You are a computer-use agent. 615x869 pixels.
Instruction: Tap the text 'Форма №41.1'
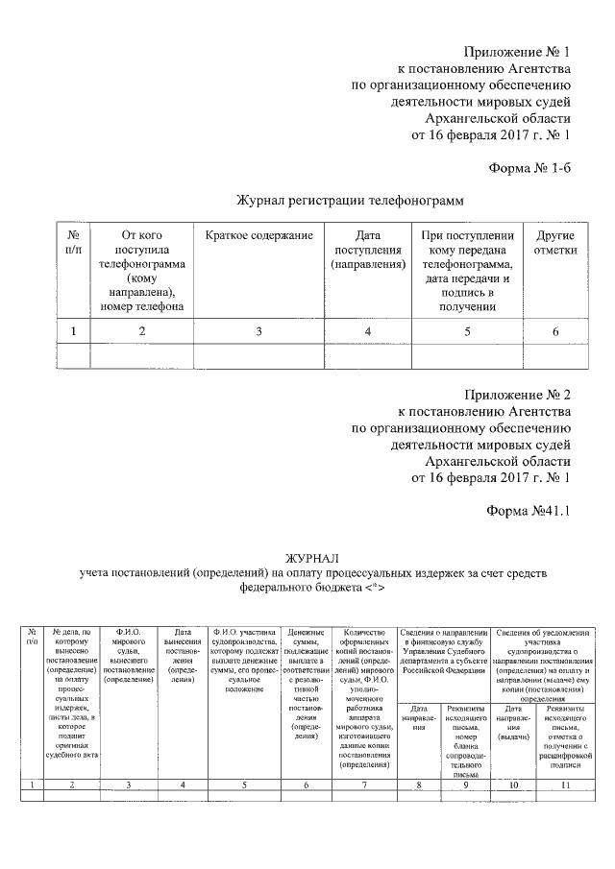tap(529, 511)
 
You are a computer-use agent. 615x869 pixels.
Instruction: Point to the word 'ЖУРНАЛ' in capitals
tap(312, 558)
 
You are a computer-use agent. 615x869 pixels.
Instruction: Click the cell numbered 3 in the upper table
tap(258, 331)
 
